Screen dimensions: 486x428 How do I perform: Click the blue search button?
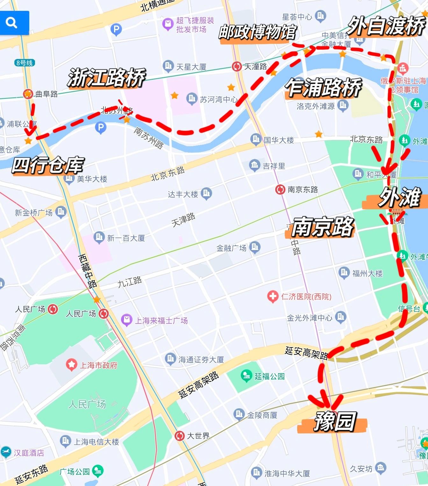pos(14,23)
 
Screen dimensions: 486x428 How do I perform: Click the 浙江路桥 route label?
pos(106,78)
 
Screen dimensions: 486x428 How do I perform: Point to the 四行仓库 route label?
pos(48,166)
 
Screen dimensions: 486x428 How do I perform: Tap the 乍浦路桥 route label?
pos(324,88)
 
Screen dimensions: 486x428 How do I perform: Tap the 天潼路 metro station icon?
pos(237,67)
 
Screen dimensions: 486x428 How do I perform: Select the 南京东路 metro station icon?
pos(280,189)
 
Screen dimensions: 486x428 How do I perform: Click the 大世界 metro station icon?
pos(180,435)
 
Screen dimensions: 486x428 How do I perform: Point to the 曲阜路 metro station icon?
pos(28,94)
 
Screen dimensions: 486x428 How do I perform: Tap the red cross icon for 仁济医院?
pos(272,297)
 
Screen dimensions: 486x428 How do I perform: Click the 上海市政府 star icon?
pos(71,365)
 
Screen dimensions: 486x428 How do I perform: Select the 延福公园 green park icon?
pos(246,376)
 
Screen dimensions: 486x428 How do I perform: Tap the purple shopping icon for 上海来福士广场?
pos(126,320)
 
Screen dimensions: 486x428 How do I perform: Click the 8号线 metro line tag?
pos(25,63)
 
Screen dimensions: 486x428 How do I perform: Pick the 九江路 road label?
pos(129,282)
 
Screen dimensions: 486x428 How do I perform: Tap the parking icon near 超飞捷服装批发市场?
pos(116,30)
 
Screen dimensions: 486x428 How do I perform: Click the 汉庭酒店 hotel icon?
pos(6,452)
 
